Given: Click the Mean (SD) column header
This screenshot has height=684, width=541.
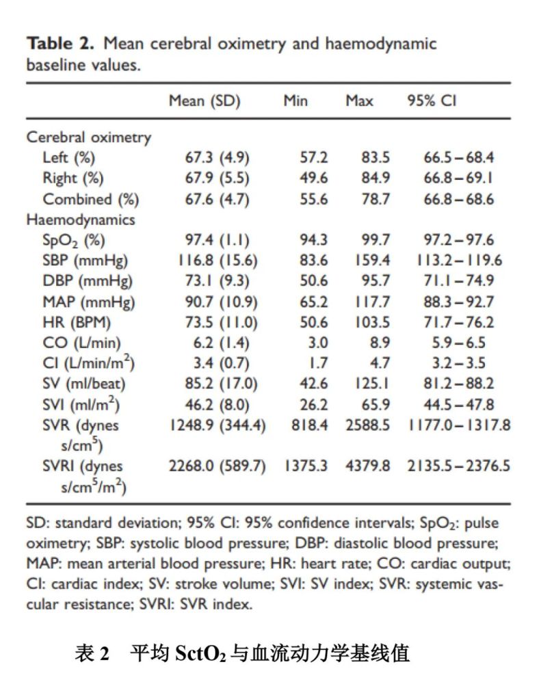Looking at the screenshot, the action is (x=204, y=101).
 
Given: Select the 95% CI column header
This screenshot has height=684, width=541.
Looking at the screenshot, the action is (x=432, y=101).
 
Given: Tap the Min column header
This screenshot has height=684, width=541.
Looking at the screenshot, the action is (x=295, y=101).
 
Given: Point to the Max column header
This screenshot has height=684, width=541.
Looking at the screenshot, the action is (x=359, y=101).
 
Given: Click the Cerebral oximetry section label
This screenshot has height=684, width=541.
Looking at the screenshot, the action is (x=88, y=137).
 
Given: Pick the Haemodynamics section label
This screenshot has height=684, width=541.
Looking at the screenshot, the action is (x=81, y=220).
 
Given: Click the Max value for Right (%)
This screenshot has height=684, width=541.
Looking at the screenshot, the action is (x=375, y=178).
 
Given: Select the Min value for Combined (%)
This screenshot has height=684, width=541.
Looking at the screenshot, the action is (x=313, y=199).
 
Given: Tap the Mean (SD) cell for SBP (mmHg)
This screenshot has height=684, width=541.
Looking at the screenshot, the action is (x=217, y=261).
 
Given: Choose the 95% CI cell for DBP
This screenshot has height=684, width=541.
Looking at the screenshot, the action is (x=458, y=280).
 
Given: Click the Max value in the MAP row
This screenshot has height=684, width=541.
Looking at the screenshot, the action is (x=372, y=302).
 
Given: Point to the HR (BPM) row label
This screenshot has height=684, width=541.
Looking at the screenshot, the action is (x=77, y=322).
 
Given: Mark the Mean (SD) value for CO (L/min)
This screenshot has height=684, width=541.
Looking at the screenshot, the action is (x=221, y=343).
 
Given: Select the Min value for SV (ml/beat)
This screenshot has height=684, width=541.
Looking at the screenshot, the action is (x=313, y=384).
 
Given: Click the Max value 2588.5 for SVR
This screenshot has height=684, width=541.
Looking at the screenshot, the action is (x=368, y=425).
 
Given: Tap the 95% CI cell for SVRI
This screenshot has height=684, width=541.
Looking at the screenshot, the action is (x=458, y=466).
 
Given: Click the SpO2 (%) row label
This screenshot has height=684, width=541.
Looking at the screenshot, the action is (x=74, y=240).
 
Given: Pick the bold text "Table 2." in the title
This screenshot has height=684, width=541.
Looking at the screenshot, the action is (x=60, y=44).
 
